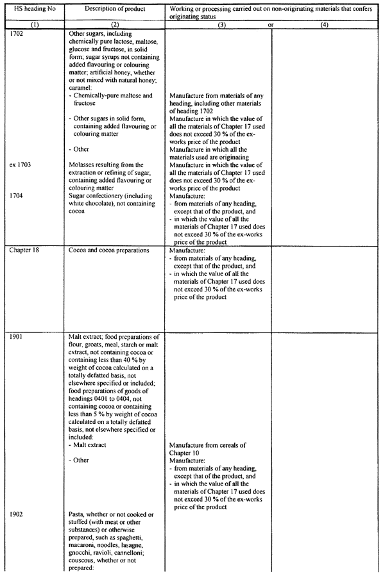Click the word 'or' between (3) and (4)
pyautogui.click(x=271, y=25)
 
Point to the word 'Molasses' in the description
pyautogui.click(x=85, y=165)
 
